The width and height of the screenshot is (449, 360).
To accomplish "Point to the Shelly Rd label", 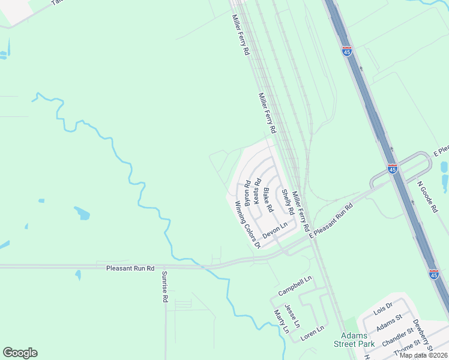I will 288,203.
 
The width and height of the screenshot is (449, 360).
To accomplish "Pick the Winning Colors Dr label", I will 247,224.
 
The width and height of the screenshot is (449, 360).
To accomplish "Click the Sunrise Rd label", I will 163,286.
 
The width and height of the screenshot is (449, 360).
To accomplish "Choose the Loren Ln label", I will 312,329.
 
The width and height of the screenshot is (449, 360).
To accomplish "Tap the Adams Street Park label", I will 358,340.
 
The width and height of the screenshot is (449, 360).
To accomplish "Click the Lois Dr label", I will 382,308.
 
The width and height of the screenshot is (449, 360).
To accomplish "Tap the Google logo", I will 20,353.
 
